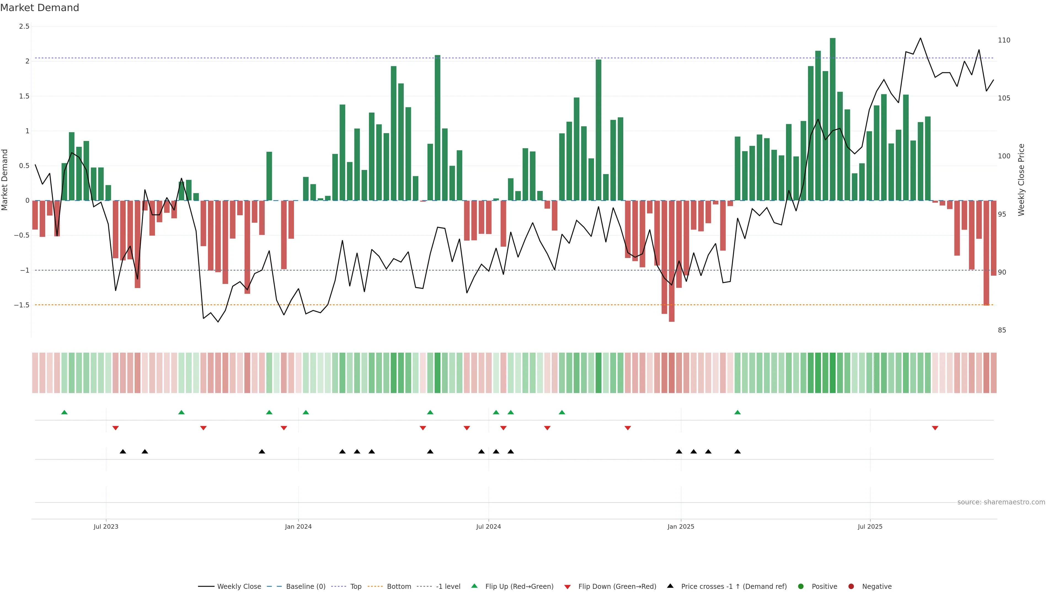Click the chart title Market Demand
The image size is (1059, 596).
39,8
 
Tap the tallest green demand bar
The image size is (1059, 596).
833,119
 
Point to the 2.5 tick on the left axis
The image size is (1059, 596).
24,26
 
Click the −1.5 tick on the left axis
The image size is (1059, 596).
22,305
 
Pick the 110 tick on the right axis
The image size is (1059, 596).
1004,40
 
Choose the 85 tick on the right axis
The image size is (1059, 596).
1002,330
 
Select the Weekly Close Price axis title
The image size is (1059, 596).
1021,180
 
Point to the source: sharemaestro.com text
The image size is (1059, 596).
1001,502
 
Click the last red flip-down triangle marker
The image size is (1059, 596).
935,428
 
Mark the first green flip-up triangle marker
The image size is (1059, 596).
64,412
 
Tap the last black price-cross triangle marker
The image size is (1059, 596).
737,452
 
